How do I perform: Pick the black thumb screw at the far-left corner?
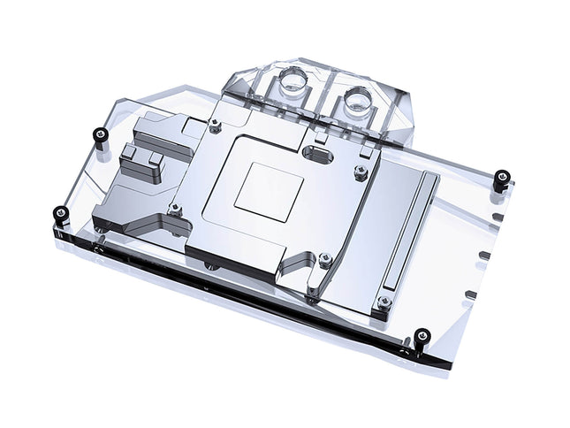[x=60, y=212]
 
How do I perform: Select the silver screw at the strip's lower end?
[x=385, y=302]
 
